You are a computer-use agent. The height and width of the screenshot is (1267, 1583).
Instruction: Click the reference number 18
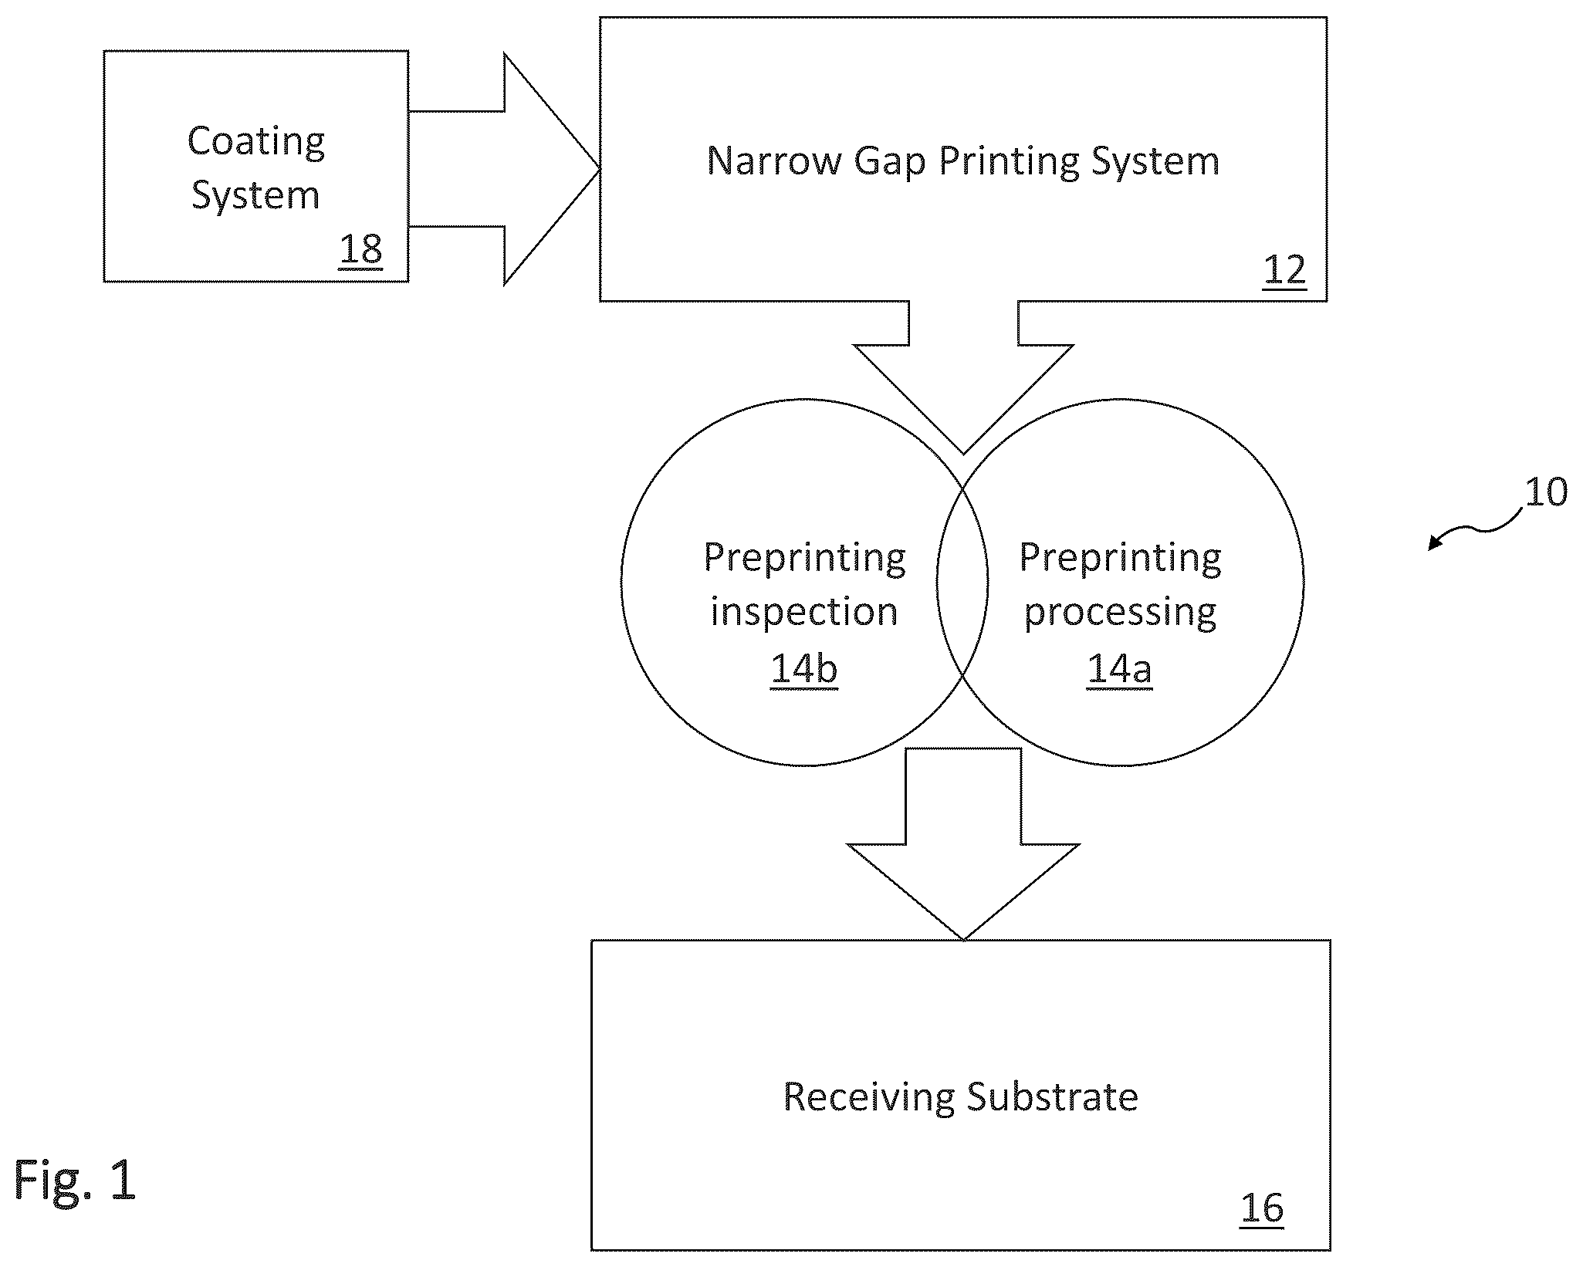click(x=360, y=250)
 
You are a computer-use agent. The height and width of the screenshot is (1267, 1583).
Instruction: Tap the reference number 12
click(x=1284, y=270)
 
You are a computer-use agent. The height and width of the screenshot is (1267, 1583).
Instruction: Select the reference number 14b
click(x=803, y=668)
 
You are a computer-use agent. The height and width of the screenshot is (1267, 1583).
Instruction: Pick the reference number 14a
click(x=1119, y=668)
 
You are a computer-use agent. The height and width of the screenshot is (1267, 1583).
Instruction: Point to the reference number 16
click(x=1262, y=1207)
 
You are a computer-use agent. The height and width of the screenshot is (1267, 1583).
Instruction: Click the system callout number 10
click(x=1546, y=492)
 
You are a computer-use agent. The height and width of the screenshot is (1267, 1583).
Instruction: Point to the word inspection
click(x=804, y=613)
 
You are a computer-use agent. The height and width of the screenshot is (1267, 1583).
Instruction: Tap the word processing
click(x=1120, y=613)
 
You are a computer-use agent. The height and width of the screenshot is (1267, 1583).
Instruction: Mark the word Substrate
click(x=1052, y=1096)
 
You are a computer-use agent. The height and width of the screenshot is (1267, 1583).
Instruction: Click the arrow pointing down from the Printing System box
click(x=963, y=377)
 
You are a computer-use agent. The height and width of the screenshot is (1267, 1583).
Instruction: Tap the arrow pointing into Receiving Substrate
click(x=963, y=843)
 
